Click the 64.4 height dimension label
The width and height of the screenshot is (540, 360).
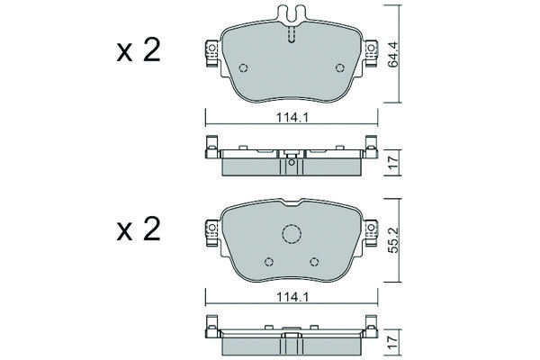point(392,54)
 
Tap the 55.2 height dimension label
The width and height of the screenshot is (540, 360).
point(392,239)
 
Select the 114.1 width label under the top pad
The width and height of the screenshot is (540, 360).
point(292,118)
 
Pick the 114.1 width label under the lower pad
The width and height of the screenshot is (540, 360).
point(292,297)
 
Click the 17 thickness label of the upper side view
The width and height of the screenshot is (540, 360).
point(392,162)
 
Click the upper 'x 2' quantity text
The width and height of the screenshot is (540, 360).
point(139,50)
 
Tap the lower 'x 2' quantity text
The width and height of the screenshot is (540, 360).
point(139,229)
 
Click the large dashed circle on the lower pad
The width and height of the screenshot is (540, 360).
point(292,234)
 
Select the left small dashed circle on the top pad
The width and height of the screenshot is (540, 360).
point(244,68)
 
